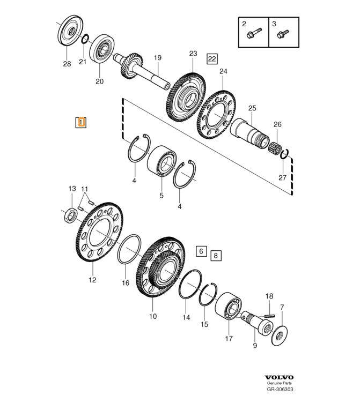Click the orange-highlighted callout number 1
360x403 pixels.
pos(81,122)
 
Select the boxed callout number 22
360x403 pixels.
pos(212,59)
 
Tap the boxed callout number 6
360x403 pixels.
pos(201,251)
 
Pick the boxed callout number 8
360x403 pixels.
pos(216,256)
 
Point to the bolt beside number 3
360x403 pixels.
pos(283,34)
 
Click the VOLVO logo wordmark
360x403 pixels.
pos(279,377)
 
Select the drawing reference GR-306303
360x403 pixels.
pos(280,389)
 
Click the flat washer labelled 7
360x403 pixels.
pos(280,335)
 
